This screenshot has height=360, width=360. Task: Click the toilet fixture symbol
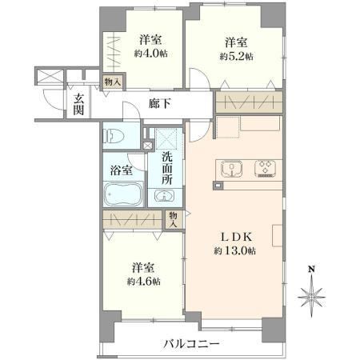(114, 135)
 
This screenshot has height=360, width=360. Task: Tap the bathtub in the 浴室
(123, 194)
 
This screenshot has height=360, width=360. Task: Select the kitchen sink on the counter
(231, 169)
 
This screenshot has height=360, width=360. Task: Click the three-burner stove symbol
(265, 169)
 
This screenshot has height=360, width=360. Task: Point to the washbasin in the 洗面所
(165, 196)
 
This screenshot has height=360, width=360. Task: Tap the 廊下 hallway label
(160, 103)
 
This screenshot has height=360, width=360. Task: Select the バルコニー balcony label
(191, 344)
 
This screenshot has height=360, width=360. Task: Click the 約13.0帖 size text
(234, 251)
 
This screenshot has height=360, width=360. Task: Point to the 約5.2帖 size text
(236, 57)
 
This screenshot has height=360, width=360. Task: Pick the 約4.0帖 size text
(150, 54)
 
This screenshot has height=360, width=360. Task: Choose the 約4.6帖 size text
(143, 282)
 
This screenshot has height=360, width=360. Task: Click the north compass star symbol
(311, 297)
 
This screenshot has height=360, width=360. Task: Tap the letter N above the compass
(311, 269)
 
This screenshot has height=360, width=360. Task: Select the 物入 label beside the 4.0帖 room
(113, 82)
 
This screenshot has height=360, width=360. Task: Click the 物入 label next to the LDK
(173, 219)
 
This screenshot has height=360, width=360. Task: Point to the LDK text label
(236, 237)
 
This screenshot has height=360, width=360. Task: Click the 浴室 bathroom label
(122, 170)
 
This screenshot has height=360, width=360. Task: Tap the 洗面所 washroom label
(167, 168)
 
